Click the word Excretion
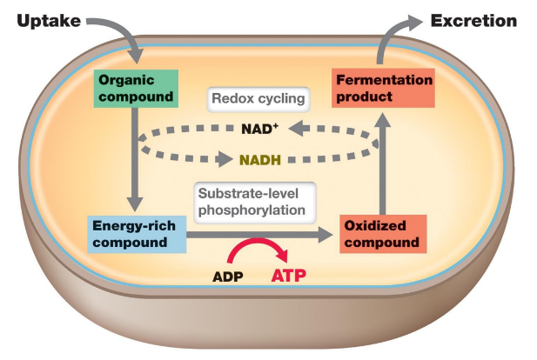475,20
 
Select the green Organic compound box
130,87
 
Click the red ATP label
290,277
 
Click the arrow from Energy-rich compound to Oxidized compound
261,234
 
